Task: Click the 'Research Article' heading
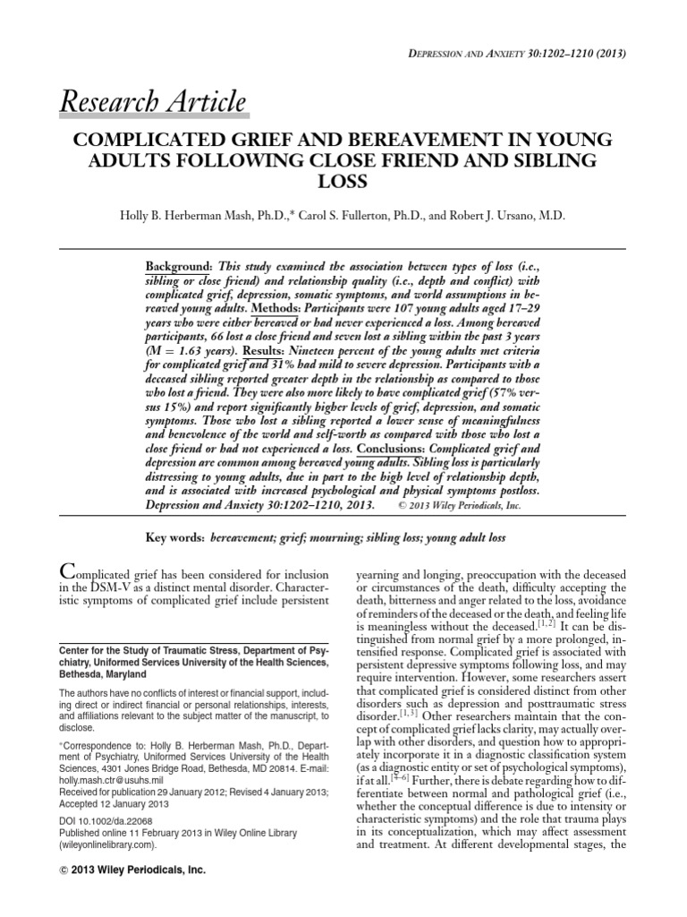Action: (x=153, y=102)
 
